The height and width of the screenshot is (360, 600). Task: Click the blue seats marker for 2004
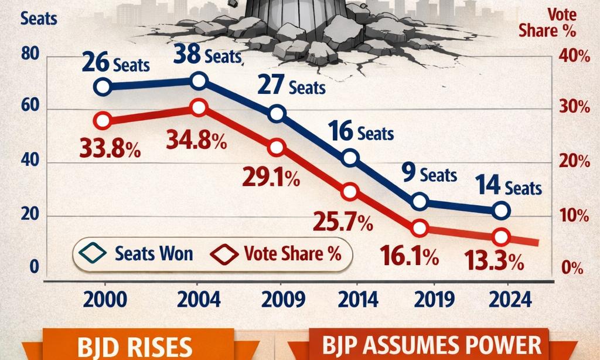click(x=199, y=81)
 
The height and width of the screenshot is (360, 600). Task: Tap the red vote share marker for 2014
click(x=350, y=192)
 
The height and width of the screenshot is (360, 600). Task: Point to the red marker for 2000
click(x=103, y=121)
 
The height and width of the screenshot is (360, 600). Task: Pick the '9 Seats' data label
click(x=429, y=174)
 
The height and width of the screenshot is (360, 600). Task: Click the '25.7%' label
click(x=343, y=222)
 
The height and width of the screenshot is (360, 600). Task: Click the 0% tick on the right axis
click(x=572, y=268)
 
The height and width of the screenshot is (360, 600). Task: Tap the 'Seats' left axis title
click(x=39, y=18)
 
